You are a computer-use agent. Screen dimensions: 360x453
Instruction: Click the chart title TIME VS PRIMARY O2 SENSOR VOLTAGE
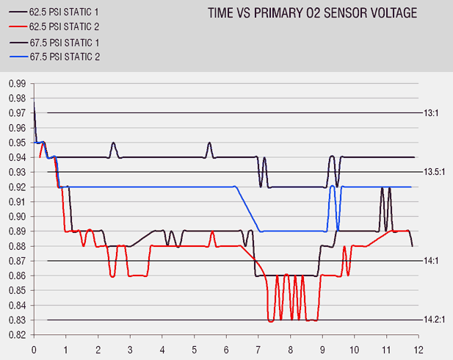pos(312,13)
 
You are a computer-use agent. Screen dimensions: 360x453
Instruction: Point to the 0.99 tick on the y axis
pos(16,83)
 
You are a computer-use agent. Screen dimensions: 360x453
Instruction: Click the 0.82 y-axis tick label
pos(16,335)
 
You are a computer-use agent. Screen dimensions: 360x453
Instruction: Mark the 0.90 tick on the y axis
pos(16,217)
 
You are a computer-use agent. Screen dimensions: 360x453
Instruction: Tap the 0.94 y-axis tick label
pos(16,157)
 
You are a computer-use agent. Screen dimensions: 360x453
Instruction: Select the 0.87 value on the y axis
pos(16,261)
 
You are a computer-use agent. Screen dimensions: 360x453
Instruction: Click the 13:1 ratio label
pos(431,113)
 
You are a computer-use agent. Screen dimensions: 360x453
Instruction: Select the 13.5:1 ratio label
pos(435,172)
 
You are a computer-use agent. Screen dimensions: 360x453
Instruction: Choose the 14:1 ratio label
pos(431,261)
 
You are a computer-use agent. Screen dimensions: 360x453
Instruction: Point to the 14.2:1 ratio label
pos(435,320)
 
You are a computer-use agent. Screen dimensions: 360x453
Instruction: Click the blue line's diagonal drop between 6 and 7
pos(247,209)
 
